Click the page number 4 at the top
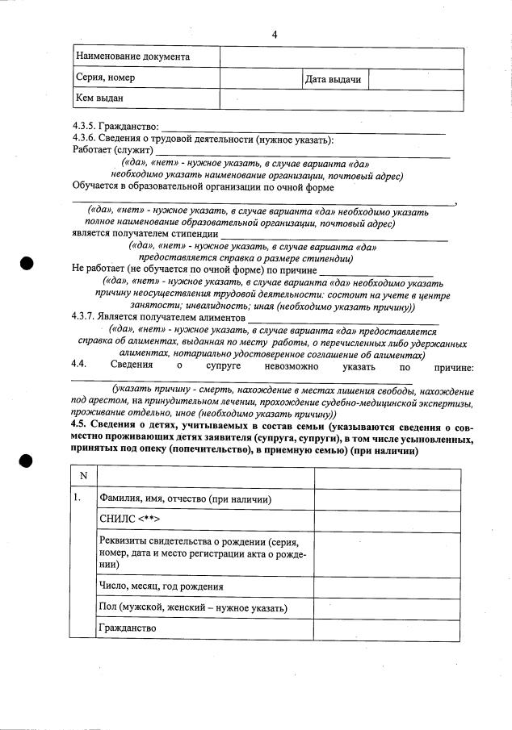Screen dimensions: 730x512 [x=274, y=34]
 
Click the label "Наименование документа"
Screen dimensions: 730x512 [x=132, y=57]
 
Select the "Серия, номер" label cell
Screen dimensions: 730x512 [x=106, y=78]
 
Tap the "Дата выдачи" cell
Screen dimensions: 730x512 [x=332, y=79]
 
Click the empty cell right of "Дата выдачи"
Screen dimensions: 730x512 [x=417, y=79]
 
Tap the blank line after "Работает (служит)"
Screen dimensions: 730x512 [x=302, y=152]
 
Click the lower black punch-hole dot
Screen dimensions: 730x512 [x=27, y=461]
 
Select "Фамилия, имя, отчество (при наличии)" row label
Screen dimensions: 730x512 [x=184, y=500]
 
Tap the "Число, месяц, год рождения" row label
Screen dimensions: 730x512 [x=161, y=586]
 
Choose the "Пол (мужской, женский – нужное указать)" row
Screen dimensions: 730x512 [x=193, y=607]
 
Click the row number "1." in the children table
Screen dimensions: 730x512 [x=78, y=498]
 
